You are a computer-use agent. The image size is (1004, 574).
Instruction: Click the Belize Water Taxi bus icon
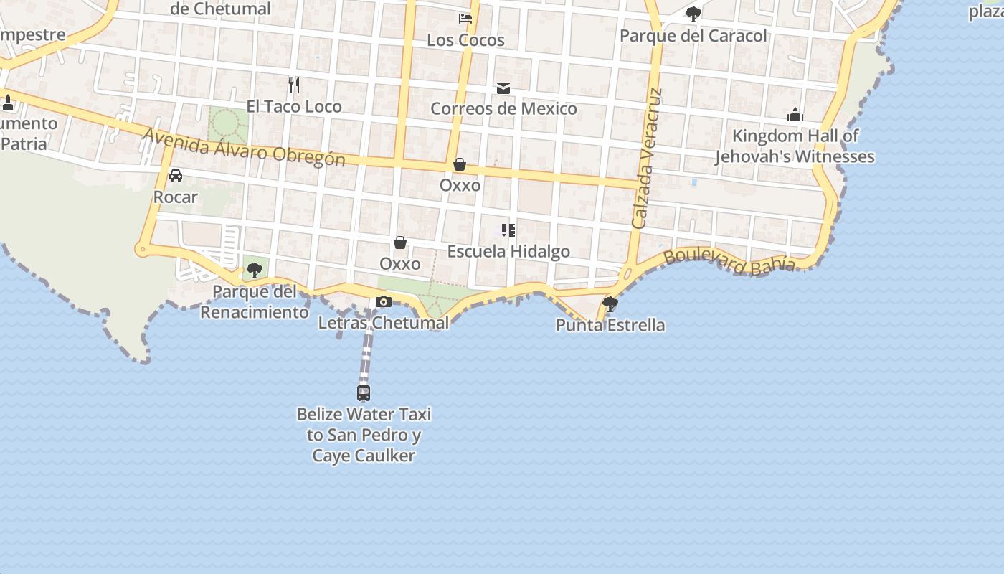(364, 393)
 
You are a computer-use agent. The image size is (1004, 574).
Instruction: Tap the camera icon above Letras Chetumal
(384, 302)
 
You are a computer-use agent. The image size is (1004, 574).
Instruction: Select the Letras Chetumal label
(384, 323)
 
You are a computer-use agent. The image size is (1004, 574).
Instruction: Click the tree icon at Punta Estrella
(610, 304)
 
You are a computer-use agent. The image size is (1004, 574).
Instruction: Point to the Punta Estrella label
(610, 326)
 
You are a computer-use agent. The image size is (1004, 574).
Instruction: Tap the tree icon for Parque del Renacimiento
(254, 270)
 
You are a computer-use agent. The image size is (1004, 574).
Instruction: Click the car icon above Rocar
(176, 176)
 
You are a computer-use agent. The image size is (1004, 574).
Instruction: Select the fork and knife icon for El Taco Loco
(293, 85)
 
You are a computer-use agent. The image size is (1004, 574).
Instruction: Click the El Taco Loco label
(294, 107)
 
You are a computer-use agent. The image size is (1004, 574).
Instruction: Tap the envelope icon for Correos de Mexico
(503, 88)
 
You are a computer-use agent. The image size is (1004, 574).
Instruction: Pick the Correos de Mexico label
(503, 109)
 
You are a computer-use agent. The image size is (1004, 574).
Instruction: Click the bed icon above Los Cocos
(465, 19)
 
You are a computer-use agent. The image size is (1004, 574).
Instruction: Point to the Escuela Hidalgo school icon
(508, 230)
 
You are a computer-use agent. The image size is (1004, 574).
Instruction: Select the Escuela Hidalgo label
(508, 252)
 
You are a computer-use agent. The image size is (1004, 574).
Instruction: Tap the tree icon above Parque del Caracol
(693, 14)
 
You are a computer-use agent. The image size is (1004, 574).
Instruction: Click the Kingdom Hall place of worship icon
(795, 115)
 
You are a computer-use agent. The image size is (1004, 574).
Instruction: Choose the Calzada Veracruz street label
(648, 159)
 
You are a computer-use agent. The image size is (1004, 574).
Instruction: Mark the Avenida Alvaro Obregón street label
(244, 148)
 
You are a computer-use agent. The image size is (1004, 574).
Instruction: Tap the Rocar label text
(176, 197)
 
